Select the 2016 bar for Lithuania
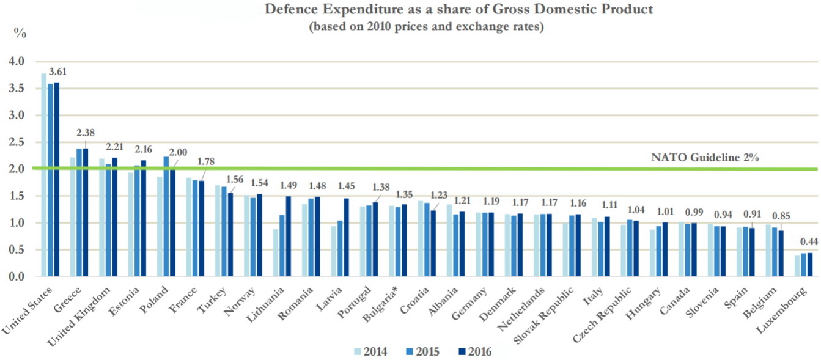point(289,236)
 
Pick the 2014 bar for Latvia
point(334,251)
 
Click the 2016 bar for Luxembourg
point(812,265)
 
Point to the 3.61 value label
point(57,72)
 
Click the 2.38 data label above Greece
point(86,133)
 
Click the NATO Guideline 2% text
point(705,158)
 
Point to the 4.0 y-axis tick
point(17,62)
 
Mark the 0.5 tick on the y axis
point(17,250)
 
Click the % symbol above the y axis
point(20,34)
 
